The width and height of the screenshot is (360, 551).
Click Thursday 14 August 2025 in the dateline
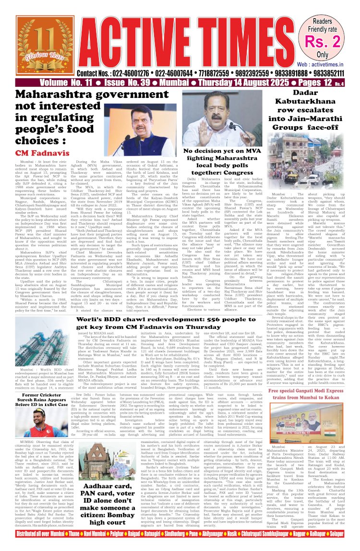pyautogui.click(x=227, y=83)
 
